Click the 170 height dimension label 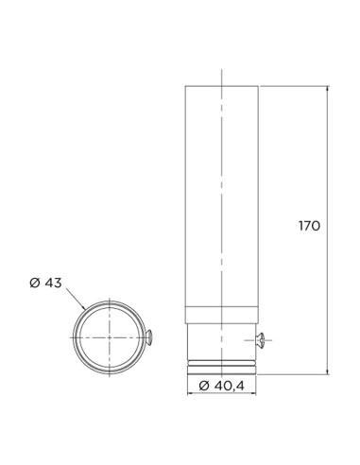(309, 226)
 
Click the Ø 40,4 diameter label (222, 386)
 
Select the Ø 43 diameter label (45, 283)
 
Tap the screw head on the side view (262, 340)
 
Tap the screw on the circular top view (149, 337)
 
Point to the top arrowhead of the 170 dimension (328, 88)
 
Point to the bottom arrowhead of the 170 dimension (328, 372)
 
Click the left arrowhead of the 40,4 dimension (190, 393)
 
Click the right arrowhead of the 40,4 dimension (253, 393)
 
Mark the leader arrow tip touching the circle (85, 309)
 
